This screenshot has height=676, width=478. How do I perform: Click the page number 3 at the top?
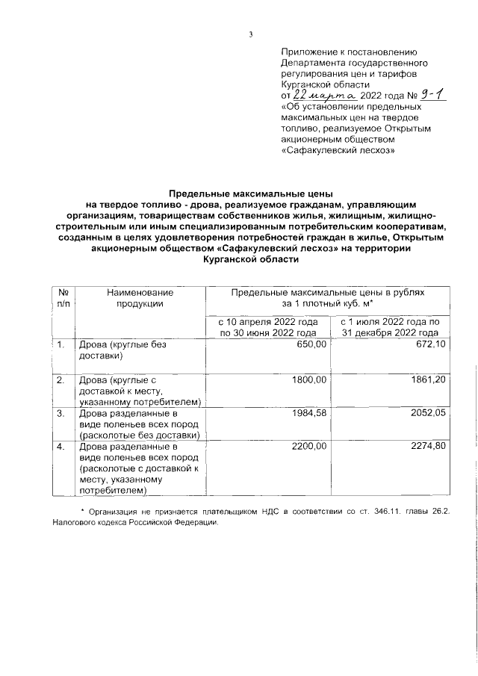252,34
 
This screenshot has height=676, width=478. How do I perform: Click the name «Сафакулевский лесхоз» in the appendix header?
338,149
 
